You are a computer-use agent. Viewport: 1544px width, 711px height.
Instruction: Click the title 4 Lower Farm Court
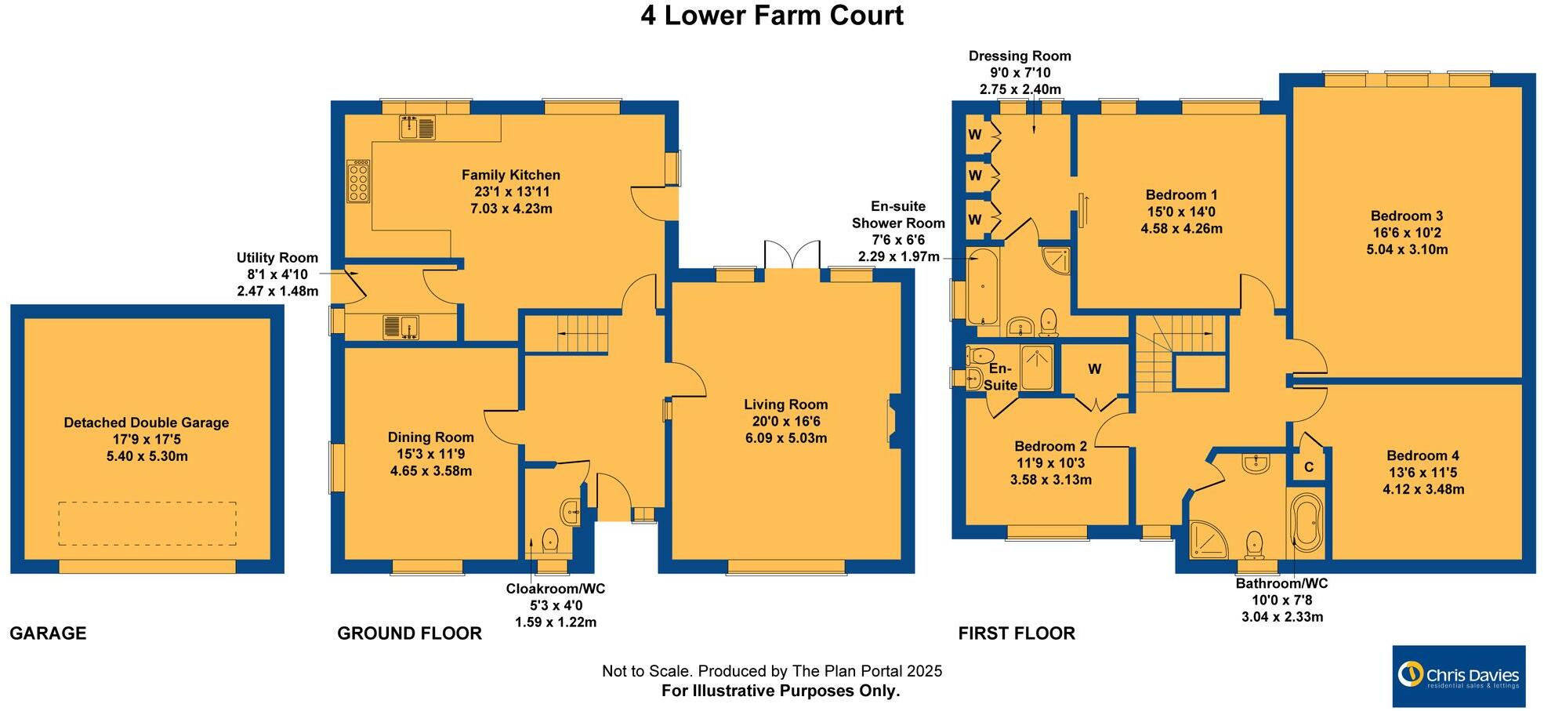[x=772, y=16]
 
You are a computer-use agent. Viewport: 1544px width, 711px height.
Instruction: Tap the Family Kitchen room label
[x=510, y=175]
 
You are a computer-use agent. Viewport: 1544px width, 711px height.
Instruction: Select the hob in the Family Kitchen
[x=358, y=182]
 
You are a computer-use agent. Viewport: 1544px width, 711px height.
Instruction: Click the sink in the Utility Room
[x=401, y=327]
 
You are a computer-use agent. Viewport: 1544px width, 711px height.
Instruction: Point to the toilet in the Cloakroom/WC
[x=550, y=539]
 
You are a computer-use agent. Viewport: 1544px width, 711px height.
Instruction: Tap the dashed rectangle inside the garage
[x=147, y=523]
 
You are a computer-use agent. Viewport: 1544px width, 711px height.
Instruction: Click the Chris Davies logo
[x=1459, y=676]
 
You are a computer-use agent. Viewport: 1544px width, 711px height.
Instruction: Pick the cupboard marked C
[x=1308, y=467]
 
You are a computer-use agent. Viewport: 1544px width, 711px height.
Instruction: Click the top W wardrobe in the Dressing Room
[x=974, y=135]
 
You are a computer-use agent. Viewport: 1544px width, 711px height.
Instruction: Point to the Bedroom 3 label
[x=1406, y=216]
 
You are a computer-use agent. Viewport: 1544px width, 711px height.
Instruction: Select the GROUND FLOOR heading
[x=409, y=633]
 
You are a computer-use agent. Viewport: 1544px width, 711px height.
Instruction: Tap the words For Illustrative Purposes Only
[x=781, y=691]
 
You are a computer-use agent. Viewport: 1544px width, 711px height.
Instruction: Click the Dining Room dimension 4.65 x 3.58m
[x=431, y=471]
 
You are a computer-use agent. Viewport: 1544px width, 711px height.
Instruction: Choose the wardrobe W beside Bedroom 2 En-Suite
[x=1094, y=368]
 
